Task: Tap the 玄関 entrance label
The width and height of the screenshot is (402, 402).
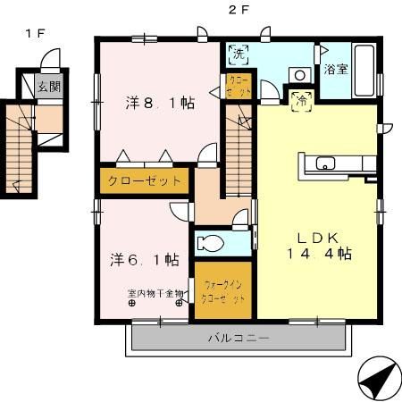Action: coord(49,87)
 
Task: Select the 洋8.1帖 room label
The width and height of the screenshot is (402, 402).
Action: coord(159,102)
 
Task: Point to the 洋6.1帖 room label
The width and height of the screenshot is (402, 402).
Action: coord(146,260)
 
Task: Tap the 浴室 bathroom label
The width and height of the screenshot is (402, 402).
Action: coord(336,68)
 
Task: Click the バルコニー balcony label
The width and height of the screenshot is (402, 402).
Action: coord(239,338)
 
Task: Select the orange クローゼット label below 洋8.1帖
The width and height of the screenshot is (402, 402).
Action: coord(145,180)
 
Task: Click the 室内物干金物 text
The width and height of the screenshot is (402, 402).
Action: coord(155,292)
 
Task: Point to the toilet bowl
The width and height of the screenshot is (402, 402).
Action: coord(213,243)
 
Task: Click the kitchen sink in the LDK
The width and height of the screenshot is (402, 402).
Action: coord(324,163)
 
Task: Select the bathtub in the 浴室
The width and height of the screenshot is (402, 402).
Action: coord(364,70)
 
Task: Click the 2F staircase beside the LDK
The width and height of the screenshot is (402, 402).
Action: coord(238,152)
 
